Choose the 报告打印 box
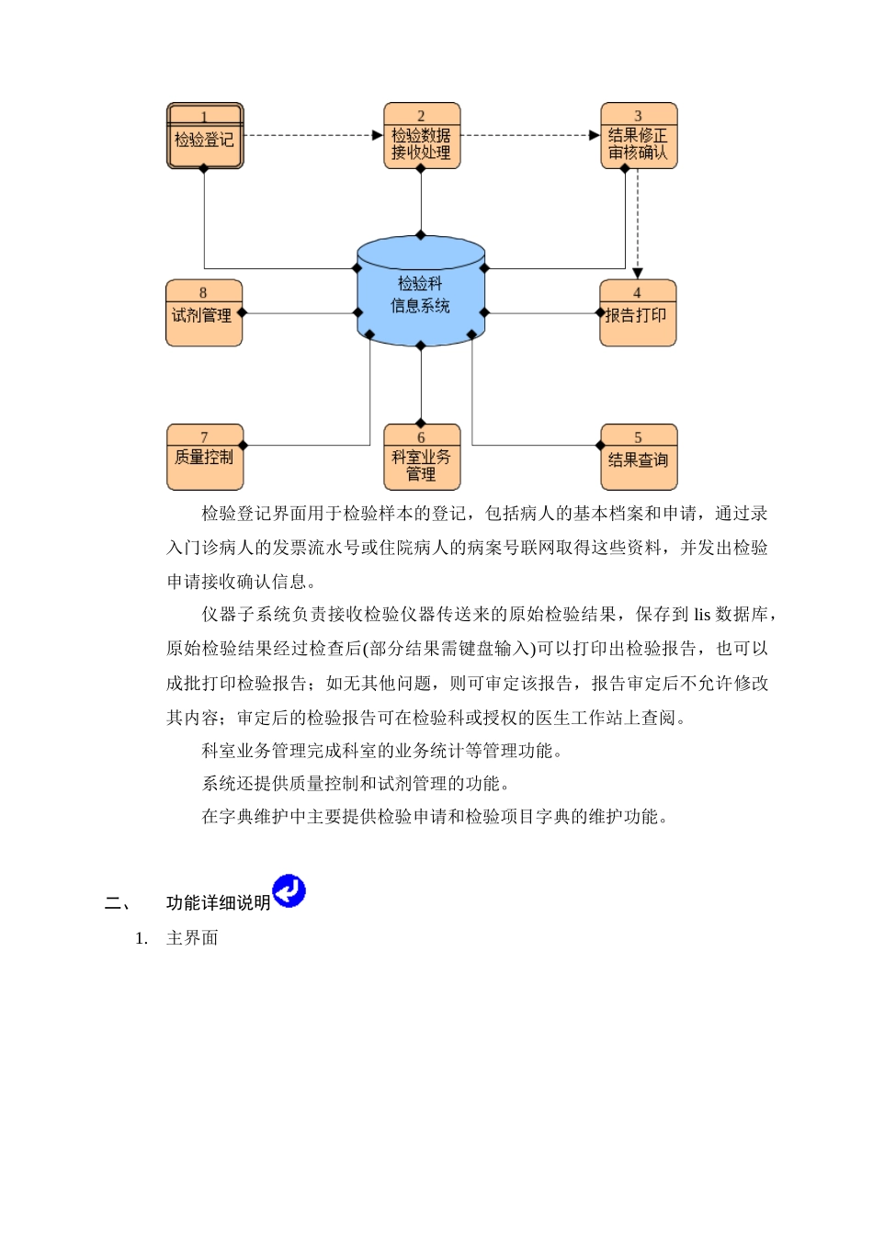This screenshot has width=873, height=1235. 638,314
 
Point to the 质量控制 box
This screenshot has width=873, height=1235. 205,458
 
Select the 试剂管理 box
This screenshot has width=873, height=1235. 203,314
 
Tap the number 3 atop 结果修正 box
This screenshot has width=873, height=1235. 639,116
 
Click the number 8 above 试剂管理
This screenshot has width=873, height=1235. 203,292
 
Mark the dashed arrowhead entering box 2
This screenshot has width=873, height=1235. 378,135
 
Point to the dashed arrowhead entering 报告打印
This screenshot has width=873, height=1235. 638,273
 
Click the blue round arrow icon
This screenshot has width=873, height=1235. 289,890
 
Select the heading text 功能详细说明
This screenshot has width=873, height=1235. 218,903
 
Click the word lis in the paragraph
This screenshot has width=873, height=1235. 702,615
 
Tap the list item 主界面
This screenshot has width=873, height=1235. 192,938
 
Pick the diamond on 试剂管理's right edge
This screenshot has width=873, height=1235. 243,313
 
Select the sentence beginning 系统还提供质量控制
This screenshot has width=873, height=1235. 357,784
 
